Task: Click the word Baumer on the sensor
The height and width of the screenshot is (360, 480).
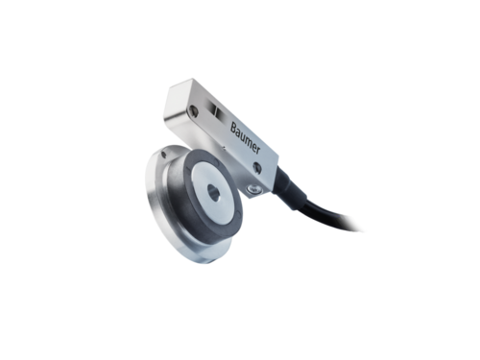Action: point(246,138)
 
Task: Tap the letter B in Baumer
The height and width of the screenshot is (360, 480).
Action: point(233,128)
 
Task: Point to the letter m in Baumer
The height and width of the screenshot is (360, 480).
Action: point(248,140)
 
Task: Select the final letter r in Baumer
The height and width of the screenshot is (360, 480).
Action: point(258,151)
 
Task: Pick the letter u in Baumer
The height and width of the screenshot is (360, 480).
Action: point(242,135)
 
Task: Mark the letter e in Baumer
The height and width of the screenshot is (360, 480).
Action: point(254,146)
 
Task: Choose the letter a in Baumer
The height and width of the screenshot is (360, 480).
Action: point(237,132)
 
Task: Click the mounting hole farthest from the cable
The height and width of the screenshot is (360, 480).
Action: point(194,110)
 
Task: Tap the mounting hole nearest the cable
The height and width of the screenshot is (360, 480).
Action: point(257,167)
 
